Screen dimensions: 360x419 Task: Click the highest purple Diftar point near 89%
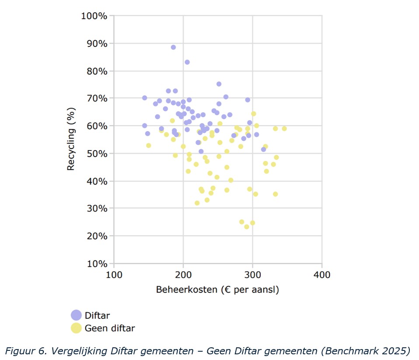(173, 47)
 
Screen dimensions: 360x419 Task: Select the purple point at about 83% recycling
(187, 62)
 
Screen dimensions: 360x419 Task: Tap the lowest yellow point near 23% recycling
(247, 227)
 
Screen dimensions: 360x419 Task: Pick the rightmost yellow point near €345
(284, 129)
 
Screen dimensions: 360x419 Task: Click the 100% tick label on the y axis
(94, 16)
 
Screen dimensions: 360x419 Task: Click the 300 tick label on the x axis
(252, 275)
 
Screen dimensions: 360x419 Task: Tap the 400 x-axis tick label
(322, 275)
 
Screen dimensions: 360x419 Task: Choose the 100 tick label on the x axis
(114, 275)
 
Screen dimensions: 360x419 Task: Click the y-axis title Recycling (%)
(72, 140)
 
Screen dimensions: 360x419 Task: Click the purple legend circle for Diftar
(76, 315)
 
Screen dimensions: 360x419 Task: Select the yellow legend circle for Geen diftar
(76, 328)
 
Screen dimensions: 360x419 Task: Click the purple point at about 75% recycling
(219, 84)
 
